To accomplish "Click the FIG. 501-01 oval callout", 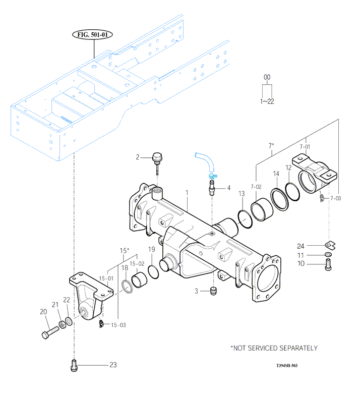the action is pyautogui.click(x=92, y=34).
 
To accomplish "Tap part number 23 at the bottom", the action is pyautogui.click(x=113, y=365).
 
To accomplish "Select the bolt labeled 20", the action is pyautogui.click(x=50, y=332).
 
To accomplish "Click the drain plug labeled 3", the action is pyautogui.click(x=213, y=291).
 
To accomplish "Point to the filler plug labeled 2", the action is pyautogui.click(x=157, y=163).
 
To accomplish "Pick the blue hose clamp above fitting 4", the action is pyautogui.click(x=213, y=176).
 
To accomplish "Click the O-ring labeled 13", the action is pyautogui.click(x=245, y=219).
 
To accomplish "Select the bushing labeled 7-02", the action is pyautogui.click(x=262, y=209).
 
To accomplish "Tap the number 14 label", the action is pyautogui.click(x=276, y=174).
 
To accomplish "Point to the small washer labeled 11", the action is pyautogui.click(x=328, y=255).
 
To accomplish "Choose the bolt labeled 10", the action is pyautogui.click(x=328, y=265).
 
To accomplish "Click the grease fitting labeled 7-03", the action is pyautogui.click(x=322, y=198).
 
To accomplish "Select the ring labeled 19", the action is pyautogui.click(x=153, y=272).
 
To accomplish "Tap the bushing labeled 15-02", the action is pyautogui.click(x=139, y=279).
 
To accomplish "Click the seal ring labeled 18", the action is pyautogui.click(x=127, y=287).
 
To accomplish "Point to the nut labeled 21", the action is pyautogui.click(x=62, y=325).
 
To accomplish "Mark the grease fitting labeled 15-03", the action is pyautogui.click(x=101, y=323).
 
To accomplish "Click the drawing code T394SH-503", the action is pyautogui.click(x=287, y=365).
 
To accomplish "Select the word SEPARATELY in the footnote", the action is pyautogui.click(x=298, y=348).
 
